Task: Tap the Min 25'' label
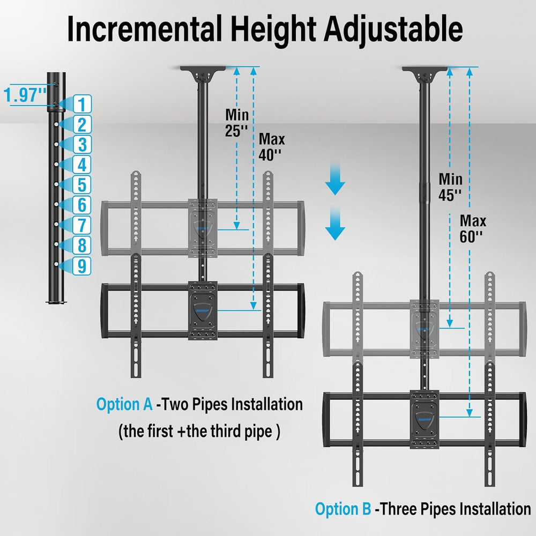tap(236, 122)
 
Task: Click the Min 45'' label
tap(450, 187)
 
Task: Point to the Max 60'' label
tap(473, 229)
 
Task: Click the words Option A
tap(124, 404)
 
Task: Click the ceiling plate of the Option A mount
tap(203, 70)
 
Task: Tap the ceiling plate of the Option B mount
tap(424, 70)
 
